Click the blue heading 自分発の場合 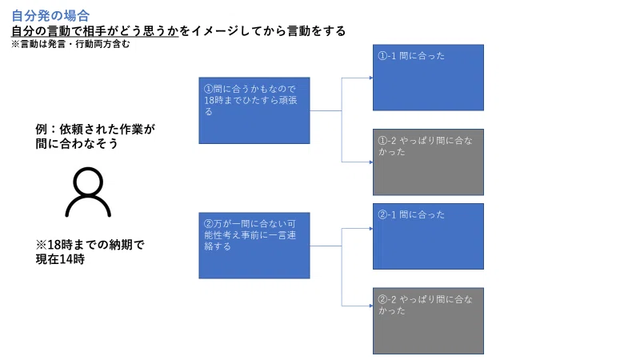50,16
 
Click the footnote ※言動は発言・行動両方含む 70,44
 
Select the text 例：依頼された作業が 95,130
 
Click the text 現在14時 60,259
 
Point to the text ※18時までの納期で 90,245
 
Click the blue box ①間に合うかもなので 254,110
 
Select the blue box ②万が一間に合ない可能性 254,246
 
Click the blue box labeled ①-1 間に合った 428,78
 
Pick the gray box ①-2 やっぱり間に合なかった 428,162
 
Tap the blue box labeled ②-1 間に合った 428,236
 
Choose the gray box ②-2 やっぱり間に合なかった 428,321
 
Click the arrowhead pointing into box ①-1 371,78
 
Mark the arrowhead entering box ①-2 371,162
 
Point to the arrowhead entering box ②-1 371,229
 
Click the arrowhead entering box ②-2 371,306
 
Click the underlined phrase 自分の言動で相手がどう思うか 94,31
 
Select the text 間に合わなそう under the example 77,144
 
